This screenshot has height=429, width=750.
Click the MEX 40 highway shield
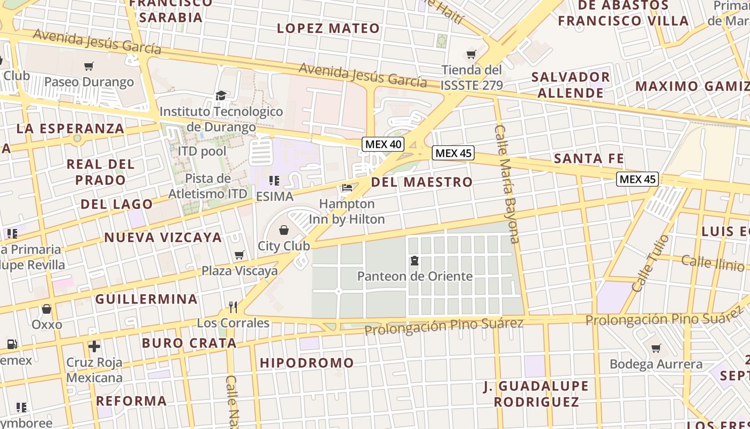[x=383, y=144]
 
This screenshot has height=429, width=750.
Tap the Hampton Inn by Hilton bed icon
[x=347, y=188]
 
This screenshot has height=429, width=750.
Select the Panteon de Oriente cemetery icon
[x=414, y=261]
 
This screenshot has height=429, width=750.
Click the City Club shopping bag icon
[x=284, y=230]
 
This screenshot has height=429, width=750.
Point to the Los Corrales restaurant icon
[x=232, y=307]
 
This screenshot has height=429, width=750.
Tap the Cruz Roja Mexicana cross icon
[x=94, y=346]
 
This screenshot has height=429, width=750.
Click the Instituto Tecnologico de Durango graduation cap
[x=221, y=95]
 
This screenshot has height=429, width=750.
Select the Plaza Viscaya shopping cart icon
[x=239, y=255]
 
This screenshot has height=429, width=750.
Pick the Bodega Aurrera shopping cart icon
[x=656, y=348]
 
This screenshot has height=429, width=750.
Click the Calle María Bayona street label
[x=507, y=184]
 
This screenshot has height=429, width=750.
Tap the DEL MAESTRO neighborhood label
[x=422, y=182]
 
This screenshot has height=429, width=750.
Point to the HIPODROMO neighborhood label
[x=307, y=363]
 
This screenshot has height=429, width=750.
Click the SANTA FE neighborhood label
[x=589, y=158]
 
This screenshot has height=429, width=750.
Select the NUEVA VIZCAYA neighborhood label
[x=163, y=238]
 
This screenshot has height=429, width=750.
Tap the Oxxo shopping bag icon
[x=47, y=309]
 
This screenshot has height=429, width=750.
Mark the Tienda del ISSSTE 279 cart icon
[x=471, y=54]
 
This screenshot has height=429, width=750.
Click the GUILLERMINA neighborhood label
[x=147, y=299]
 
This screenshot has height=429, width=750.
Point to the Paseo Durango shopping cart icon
[x=89, y=66]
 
